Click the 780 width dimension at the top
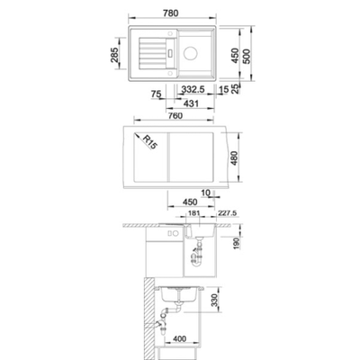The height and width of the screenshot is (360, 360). [171, 13]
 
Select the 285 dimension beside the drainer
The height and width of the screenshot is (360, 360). [114, 55]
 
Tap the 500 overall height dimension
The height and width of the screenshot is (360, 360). [247, 56]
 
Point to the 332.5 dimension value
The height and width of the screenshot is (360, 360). [193, 89]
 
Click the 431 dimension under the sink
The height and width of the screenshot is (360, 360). [191, 103]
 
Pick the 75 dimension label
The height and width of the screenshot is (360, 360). [157, 94]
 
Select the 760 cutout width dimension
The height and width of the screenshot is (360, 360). [175, 116]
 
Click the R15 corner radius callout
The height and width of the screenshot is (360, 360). [149, 142]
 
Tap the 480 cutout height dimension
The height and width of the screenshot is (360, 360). [234, 158]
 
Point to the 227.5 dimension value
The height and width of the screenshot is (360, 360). [227, 213]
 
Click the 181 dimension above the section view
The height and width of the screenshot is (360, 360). [193, 213]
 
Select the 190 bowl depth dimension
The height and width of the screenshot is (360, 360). [237, 244]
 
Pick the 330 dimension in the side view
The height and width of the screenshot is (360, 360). [214, 300]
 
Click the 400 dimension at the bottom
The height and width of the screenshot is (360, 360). [180, 339]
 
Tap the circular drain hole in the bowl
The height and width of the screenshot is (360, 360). [190, 53]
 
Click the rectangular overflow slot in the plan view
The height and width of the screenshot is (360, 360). [171, 53]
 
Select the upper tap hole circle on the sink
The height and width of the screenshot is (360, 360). [170, 32]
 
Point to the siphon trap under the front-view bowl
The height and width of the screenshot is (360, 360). [197, 255]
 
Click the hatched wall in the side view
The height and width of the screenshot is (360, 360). [148, 319]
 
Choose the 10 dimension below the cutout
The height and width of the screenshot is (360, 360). [206, 193]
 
